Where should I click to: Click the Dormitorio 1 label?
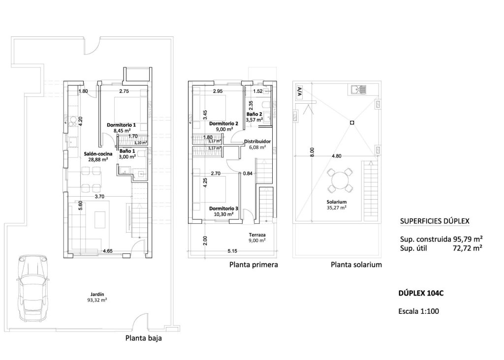(121, 125)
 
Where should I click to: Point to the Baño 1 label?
(127, 151)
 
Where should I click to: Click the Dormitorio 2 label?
(223, 123)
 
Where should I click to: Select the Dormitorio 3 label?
(223, 209)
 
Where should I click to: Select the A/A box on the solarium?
(299, 91)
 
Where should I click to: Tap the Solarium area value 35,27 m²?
(337, 208)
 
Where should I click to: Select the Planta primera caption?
(254, 265)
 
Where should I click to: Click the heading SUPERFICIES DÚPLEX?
(434, 222)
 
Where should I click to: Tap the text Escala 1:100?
(418, 311)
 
